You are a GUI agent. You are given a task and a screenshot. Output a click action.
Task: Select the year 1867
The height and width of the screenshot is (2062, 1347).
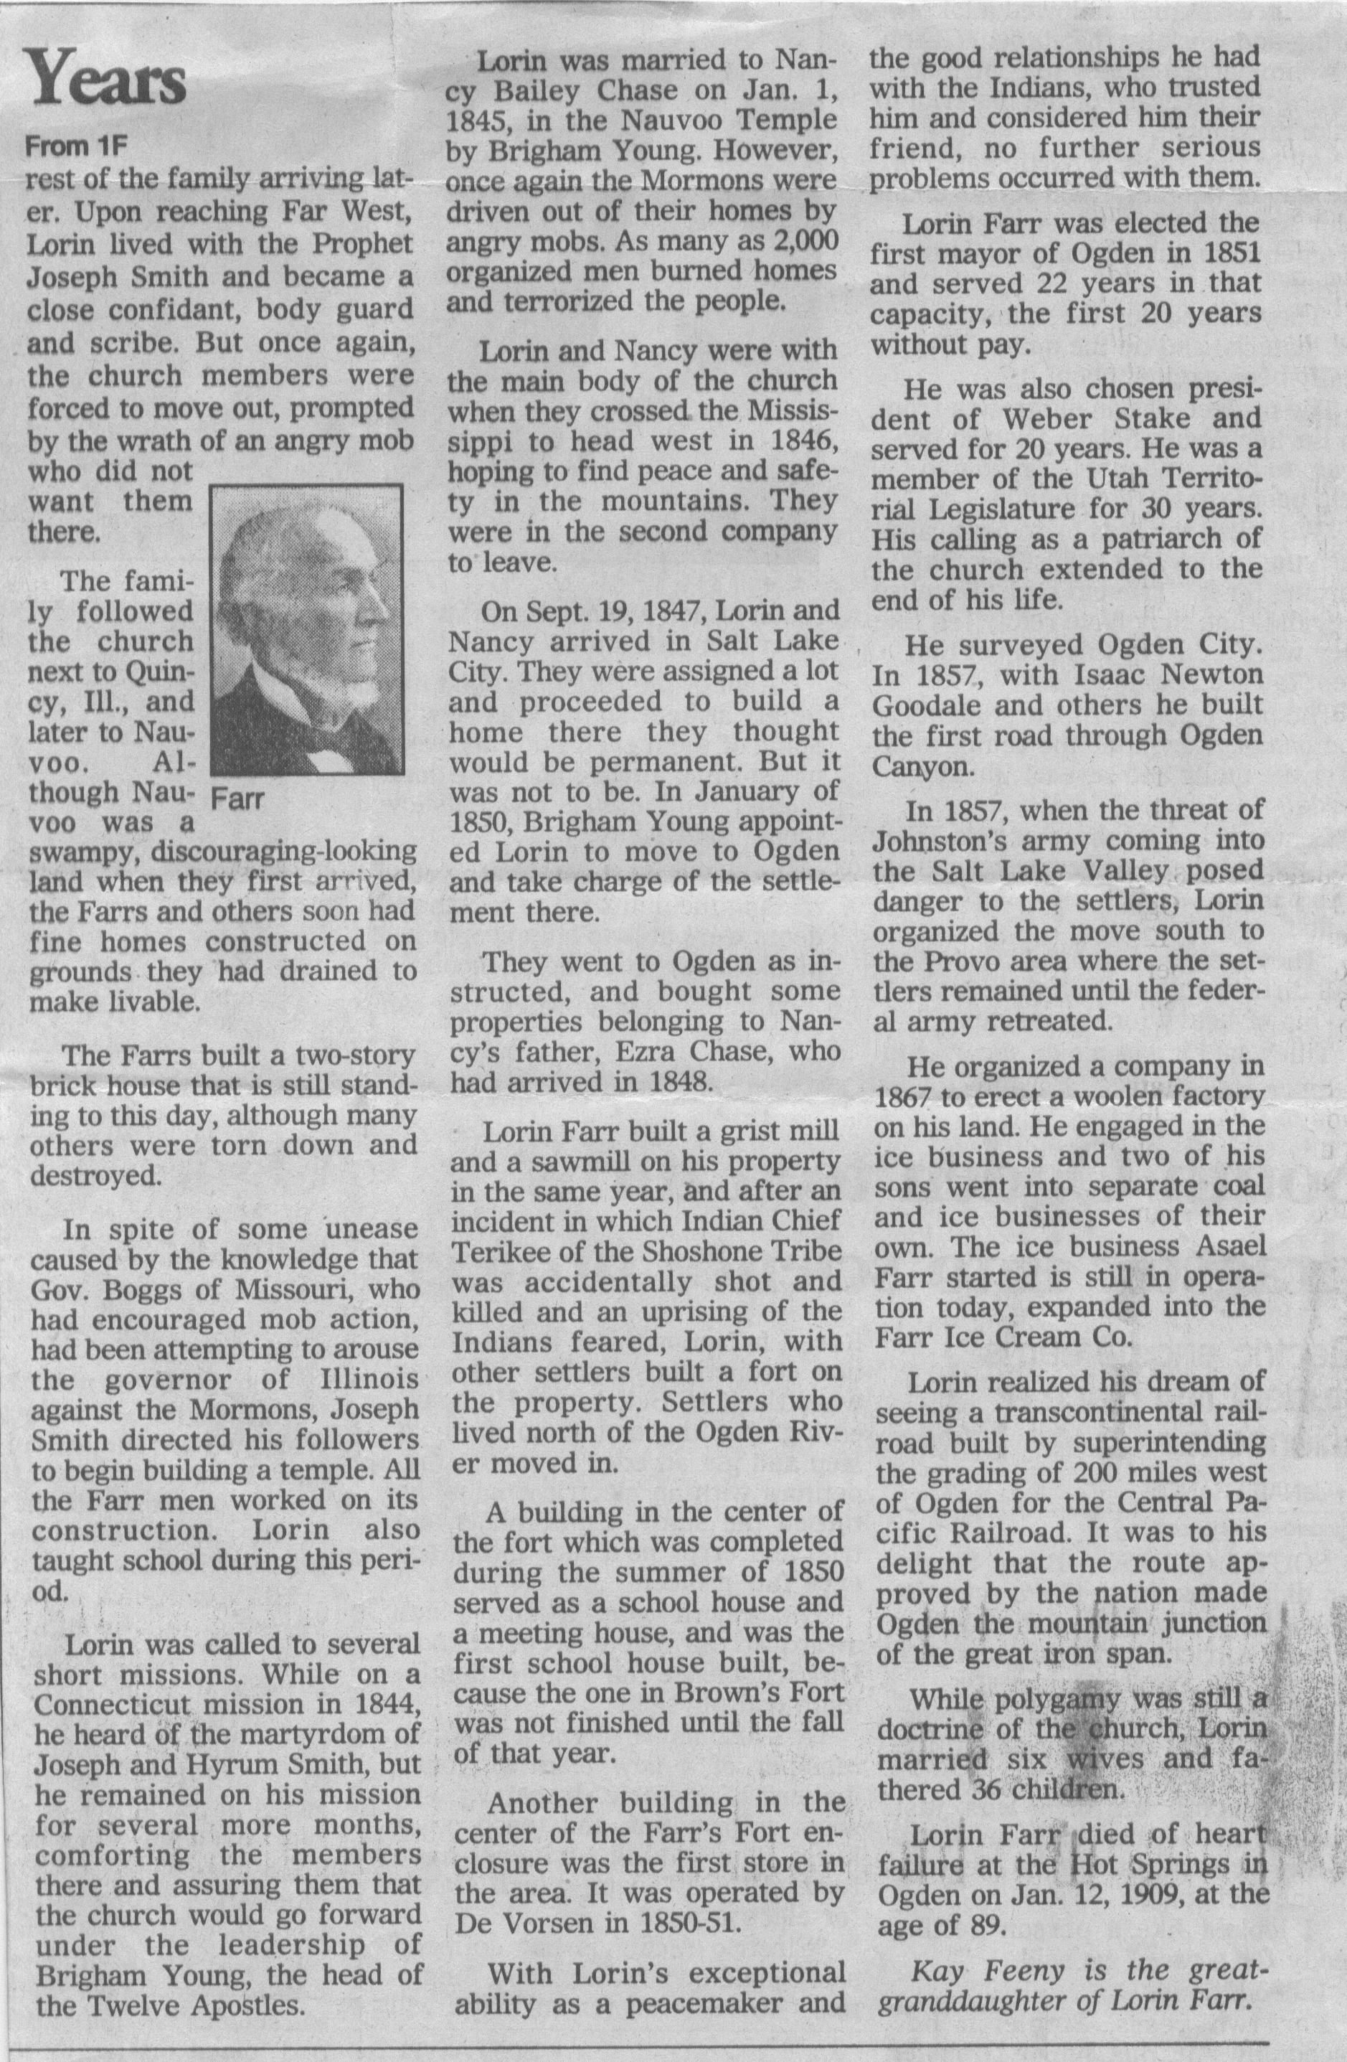point(902,1098)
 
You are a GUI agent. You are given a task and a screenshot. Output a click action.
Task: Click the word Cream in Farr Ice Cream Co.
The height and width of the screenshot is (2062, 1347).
point(1039,1336)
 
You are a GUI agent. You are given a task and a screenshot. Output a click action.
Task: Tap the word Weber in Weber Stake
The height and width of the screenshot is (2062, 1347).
point(1039,418)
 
